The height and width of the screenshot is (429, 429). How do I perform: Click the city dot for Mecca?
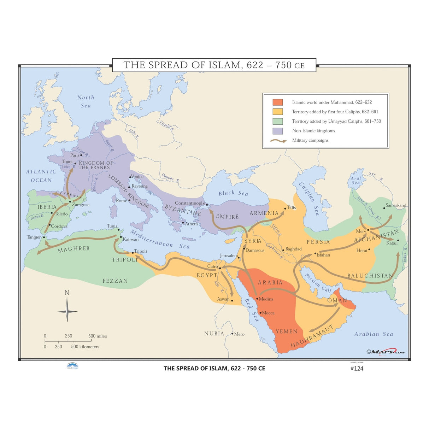[x=260, y=312]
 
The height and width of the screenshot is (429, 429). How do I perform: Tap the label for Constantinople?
[x=190, y=203]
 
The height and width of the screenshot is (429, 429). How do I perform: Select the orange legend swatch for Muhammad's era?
[x=277, y=102]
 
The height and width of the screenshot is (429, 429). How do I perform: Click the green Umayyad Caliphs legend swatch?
[x=277, y=121]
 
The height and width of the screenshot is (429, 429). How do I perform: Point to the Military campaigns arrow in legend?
[x=278, y=141]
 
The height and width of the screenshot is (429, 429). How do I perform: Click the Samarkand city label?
[x=396, y=205]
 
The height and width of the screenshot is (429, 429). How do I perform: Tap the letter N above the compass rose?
[x=67, y=293]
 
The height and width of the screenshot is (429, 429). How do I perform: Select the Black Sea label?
[x=233, y=193]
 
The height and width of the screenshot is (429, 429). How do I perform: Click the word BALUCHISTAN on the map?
[x=370, y=276]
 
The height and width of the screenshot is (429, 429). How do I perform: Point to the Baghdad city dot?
[x=283, y=250]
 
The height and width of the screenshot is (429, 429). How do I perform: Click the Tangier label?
[x=34, y=237]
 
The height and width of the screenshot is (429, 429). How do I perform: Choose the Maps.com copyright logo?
[x=386, y=352]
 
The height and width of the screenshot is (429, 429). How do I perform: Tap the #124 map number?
[x=357, y=368]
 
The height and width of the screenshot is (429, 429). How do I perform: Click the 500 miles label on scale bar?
[x=98, y=336]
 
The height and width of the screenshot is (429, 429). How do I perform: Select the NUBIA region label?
[x=214, y=334]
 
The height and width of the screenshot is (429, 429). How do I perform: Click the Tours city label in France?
[x=67, y=161]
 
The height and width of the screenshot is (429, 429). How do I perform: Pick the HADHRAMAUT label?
[x=312, y=336]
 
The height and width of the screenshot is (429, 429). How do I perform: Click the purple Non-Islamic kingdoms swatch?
[x=277, y=131]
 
